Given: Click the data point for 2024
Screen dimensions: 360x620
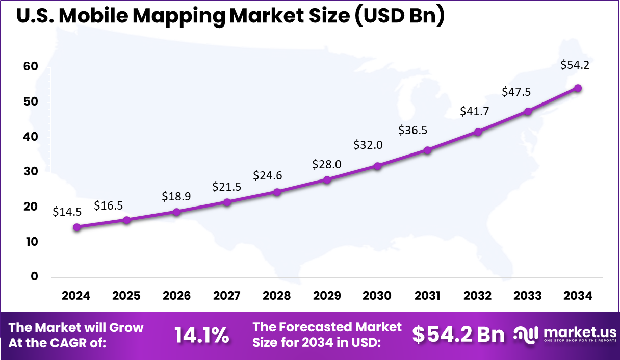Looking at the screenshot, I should click(x=76, y=227).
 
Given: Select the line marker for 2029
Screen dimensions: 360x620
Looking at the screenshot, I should click(x=327, y=179).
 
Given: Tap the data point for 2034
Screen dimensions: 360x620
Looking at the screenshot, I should click(x=578, y=88).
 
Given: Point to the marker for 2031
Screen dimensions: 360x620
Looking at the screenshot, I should click(x=427, y=150).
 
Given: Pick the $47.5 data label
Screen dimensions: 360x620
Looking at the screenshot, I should click(x=517, y=92).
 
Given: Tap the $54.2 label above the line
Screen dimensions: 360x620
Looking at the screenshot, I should click(x=575, y=65).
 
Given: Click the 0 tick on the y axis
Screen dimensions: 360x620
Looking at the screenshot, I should click(x=34, y=276).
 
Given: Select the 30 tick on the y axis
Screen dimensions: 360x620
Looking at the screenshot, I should click(x=31, y=172).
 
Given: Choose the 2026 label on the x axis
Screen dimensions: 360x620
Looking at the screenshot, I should click(x=176, y=296).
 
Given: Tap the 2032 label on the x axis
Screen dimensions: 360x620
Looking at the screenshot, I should click(x=478, y=296).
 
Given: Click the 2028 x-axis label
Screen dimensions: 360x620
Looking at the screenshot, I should click(x=277, y=296).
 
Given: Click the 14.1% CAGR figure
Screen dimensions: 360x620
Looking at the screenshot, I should click(x=201, y=335).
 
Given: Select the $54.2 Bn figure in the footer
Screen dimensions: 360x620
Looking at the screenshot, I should click(x=458, y=335).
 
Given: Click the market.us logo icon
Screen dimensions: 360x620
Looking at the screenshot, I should click(x=526, y=335).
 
